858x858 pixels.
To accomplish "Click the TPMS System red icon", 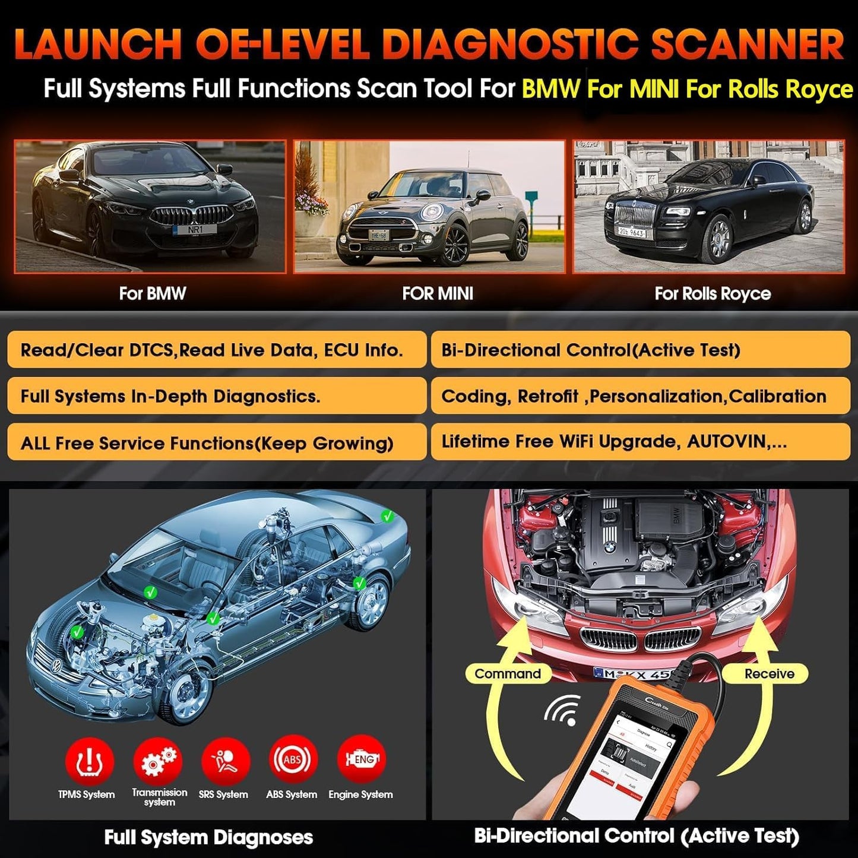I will click(89, 761).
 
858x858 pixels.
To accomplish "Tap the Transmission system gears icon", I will click(158, 761).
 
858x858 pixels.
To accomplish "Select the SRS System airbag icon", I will click(225, 761).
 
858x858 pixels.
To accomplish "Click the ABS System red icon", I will click(293, 759).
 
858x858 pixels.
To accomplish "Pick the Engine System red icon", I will click(361, 759).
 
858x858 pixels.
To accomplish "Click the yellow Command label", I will click(508, 674).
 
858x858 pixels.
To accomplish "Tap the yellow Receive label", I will click(769, 674).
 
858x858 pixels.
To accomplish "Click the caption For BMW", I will click(152, 293).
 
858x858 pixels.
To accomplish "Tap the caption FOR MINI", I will click(438, 293).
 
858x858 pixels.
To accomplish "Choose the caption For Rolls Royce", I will click(713, 293).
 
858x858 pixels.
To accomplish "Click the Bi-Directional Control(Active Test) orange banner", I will click(640, 350).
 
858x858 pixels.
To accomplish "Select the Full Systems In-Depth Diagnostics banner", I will click(217, 396).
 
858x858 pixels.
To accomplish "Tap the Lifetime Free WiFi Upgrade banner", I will click(640, 442).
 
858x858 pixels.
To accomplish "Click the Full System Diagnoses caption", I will click(208, 837).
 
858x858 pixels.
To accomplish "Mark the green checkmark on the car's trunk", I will click(388, 517).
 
